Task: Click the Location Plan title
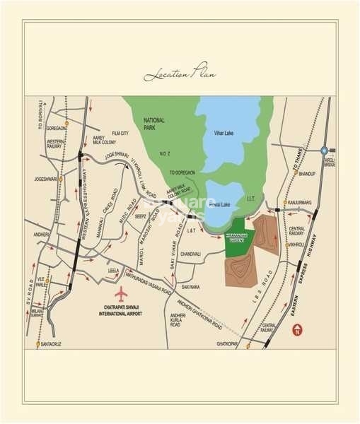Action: pyautogui.click(x=180, y=73)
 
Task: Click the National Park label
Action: pyautogui.click(x=153, y=124)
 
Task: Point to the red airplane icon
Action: pyautogui.click(x=121, y=293)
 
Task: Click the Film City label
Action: pyautogui.click(x=119, y=133)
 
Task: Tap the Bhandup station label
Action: pyautogui.click(x=306, y=173)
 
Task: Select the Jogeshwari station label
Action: pyautogui.click(x=45, y=179)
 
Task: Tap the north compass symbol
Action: pyautogui.click(x=298, y=330)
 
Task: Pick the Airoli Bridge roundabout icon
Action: pyautogui.click(x=324, y=151)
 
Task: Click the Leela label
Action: pyautogui.click(x=113, y=270)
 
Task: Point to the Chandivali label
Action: pyautogui.click(x=191, y=253)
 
